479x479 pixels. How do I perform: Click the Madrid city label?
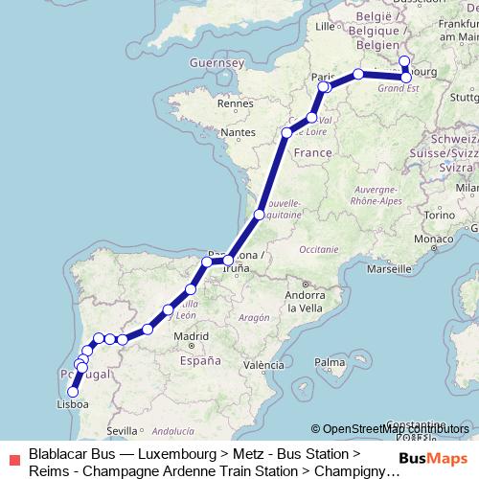point(192,336)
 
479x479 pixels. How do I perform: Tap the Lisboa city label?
point(74,405)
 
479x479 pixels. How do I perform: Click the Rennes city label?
point(235,103)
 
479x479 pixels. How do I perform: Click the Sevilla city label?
point(124,431)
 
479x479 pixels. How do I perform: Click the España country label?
point(198,361)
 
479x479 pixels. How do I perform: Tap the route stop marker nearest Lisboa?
point(73,391)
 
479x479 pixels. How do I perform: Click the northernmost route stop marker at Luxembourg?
point(404,61)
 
